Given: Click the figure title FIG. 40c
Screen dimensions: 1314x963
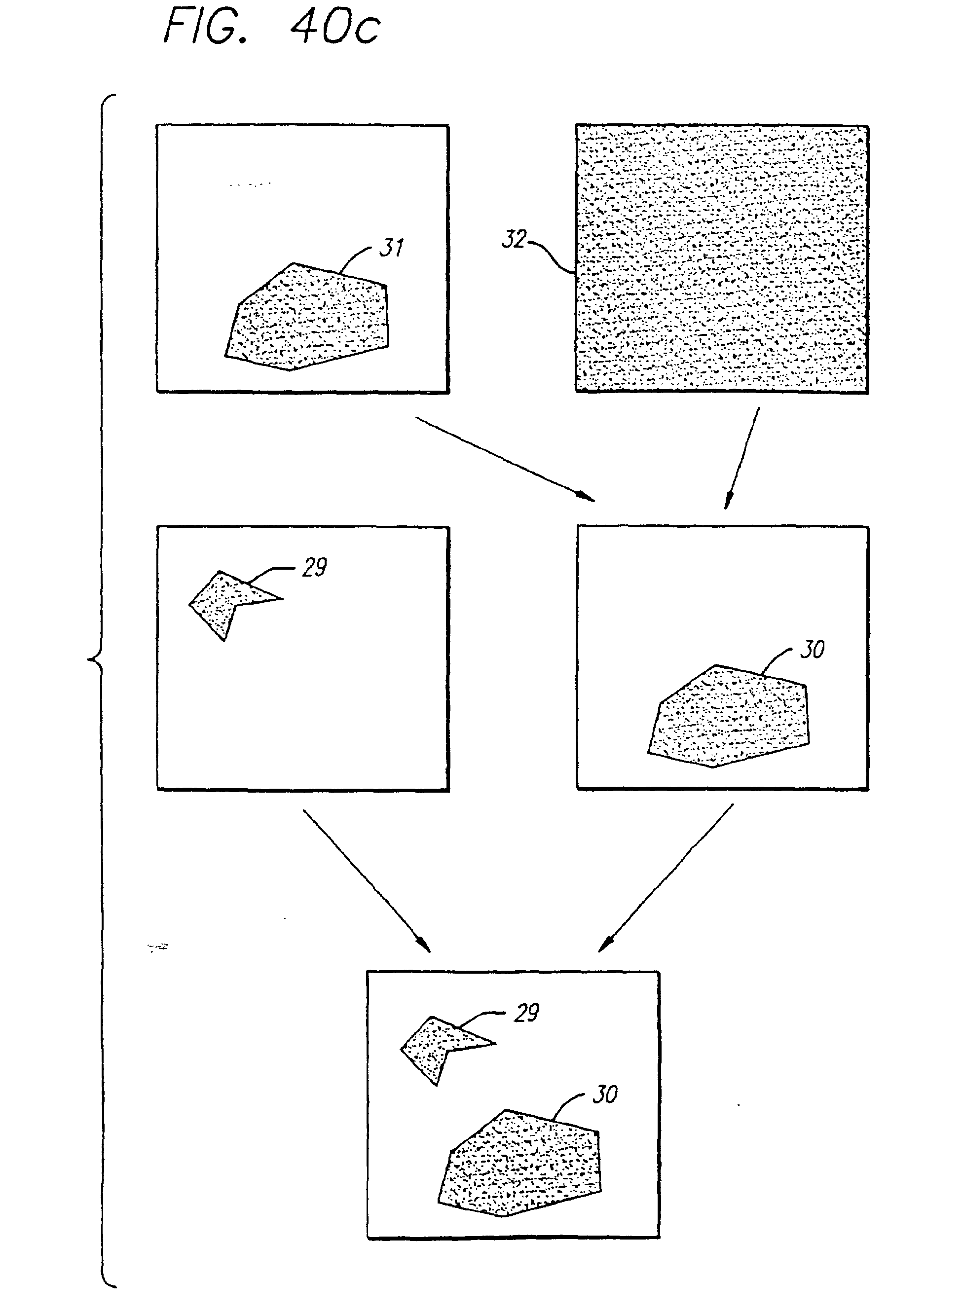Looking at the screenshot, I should [x=272, y=28].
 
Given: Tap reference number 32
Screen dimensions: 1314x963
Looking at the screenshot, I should [x=514, y=239].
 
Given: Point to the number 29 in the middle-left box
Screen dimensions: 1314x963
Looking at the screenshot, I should [x=314, y=567].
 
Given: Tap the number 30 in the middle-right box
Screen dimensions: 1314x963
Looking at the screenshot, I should [x=812, y=649].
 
